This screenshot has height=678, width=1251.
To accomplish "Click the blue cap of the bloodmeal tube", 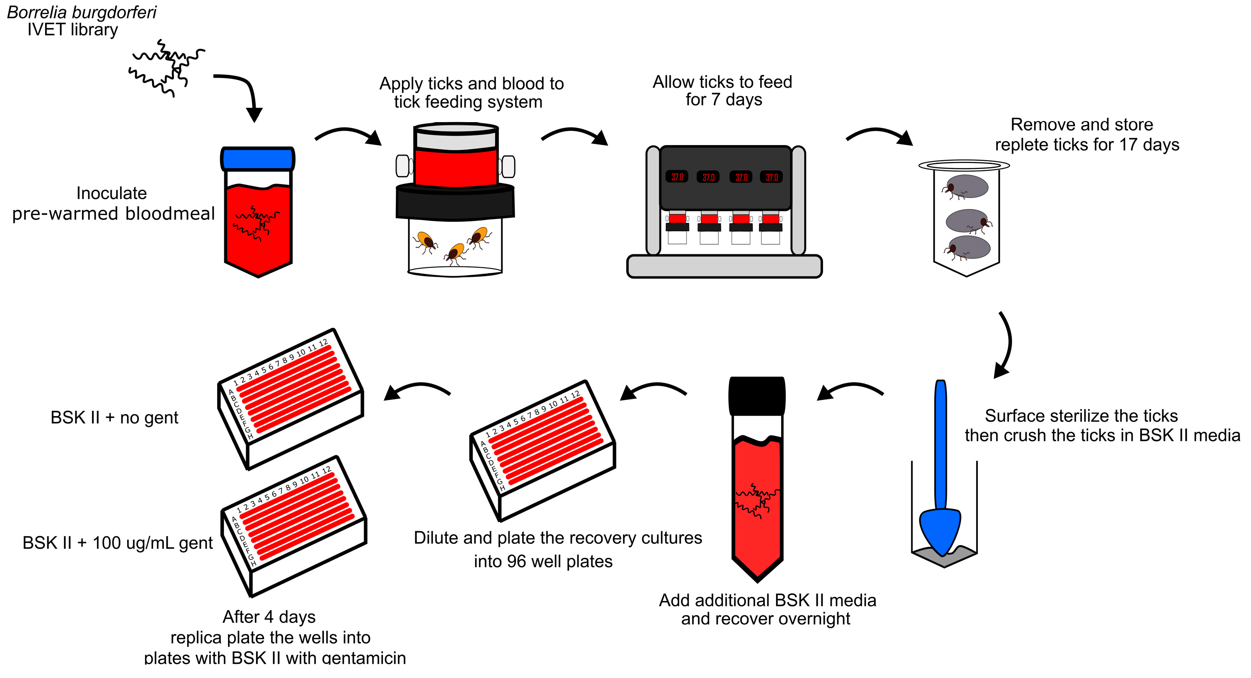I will (257, 159).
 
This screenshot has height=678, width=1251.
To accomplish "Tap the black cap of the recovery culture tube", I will (756, 396).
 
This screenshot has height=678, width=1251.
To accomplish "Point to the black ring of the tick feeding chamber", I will (455, 203).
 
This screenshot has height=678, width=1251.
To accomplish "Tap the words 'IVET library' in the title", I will (73, 30).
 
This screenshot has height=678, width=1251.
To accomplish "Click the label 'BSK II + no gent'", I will (114, 417).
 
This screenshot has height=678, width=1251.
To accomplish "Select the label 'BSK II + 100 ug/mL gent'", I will (118, 542).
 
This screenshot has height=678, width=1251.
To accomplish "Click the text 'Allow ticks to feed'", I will (722, 82).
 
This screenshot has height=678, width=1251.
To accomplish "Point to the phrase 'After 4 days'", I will (269, 617).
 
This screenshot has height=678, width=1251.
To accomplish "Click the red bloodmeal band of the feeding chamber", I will (455, 167).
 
